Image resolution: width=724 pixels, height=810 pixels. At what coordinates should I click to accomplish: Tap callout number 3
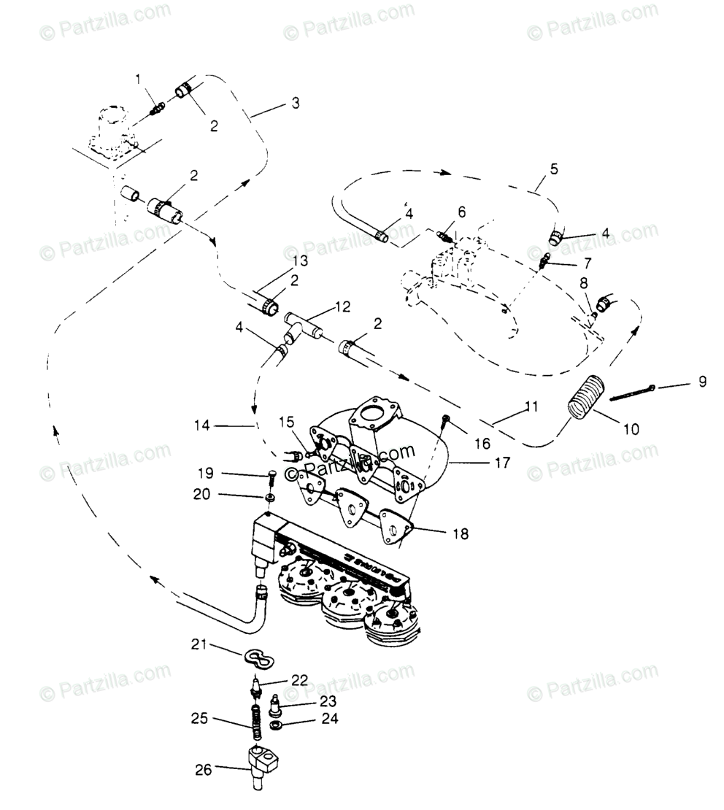click(295, 104)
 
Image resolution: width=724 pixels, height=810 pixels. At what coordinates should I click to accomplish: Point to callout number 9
click(702, 381)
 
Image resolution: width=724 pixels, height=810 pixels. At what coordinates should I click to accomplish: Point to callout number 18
click(460, 534)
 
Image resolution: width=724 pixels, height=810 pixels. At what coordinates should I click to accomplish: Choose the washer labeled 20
click(270, 497)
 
